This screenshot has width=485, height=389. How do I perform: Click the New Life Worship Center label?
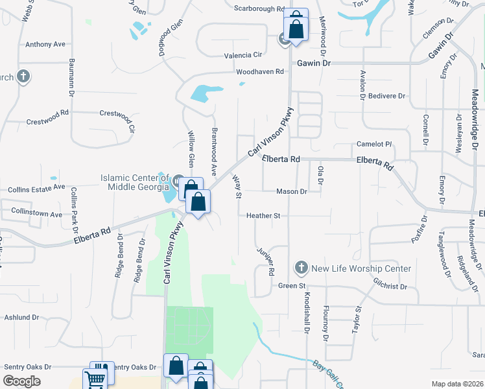361,268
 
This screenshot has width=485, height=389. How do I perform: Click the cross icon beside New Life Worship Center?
301,267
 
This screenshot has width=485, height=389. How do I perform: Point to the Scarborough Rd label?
259,10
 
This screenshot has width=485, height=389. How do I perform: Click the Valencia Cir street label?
242,56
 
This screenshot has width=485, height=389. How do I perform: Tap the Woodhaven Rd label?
261,71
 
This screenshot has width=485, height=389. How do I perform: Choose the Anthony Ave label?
45,45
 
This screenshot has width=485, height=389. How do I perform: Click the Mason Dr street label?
291,191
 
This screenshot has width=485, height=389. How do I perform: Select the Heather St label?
263,215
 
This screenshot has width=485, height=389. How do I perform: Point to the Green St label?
291,285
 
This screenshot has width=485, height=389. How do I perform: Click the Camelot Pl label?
375,144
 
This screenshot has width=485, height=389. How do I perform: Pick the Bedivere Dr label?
386,96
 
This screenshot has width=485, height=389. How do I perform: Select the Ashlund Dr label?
22,318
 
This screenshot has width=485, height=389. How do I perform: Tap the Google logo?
22,381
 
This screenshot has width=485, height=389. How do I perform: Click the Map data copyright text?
457,384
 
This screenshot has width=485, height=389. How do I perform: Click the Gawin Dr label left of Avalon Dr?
314,64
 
